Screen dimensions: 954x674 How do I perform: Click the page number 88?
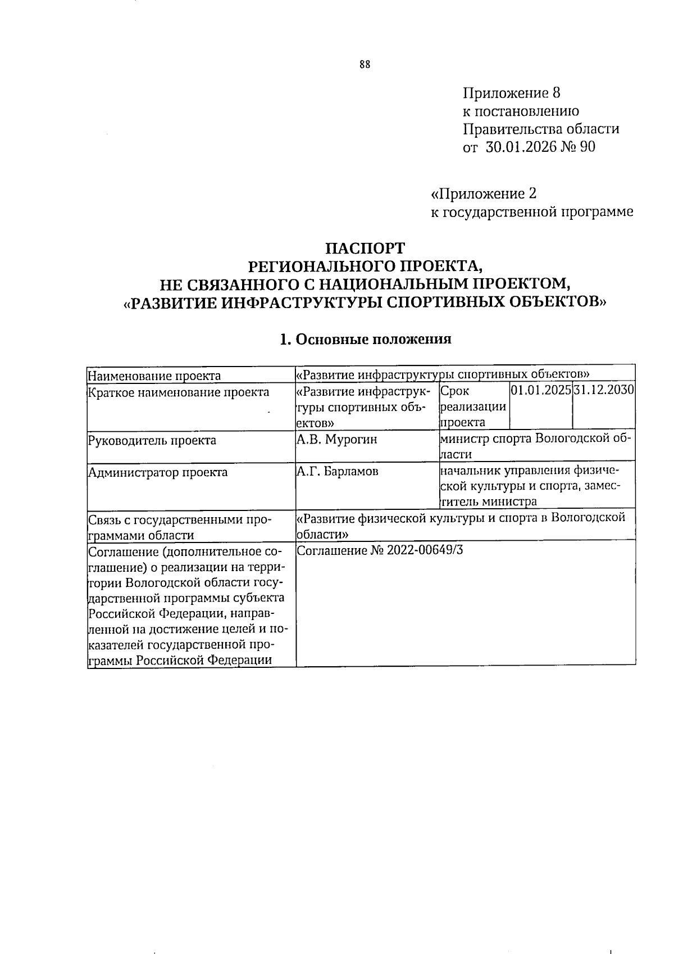tap(365, 65)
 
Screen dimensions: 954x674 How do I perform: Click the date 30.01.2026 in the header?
tap(517, 147)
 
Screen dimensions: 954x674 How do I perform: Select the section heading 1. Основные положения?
tap(366, 339)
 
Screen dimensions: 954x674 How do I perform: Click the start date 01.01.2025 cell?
tap(540, 390)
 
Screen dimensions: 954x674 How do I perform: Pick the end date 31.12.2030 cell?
tap(604, 390)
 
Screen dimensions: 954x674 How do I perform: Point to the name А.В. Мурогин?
tap(336, 440)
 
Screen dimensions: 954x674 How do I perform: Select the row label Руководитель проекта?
tap(152, 440)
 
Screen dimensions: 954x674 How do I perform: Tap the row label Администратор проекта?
tap(158, 472)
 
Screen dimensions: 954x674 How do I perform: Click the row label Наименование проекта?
tap(154, 376)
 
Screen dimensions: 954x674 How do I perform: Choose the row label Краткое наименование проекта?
tap(179, 392)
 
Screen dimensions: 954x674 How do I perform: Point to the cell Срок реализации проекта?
tap(473, 406)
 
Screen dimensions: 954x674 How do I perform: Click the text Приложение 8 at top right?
tap(512, 92)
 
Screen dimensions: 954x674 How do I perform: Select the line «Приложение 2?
tap(483, 194)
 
